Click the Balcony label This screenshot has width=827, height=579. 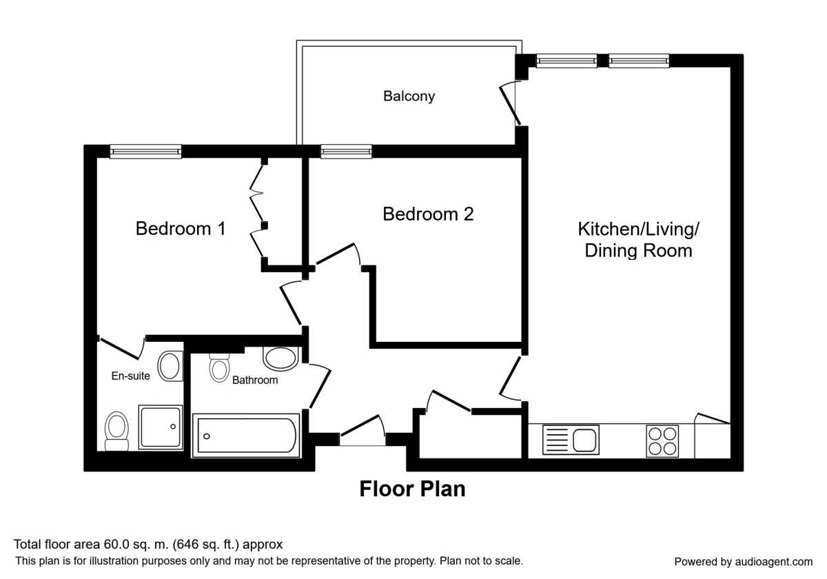(x=409, y=96)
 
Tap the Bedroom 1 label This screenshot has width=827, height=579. (x=181, y=228)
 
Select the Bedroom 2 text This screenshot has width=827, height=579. (x=428, y=214)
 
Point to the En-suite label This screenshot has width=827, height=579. (x=131, y=376)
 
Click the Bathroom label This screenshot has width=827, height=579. (x=255, y=380)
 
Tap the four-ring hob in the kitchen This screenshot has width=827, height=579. (x=662, y=441)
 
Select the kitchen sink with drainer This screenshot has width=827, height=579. (x=571, y=440)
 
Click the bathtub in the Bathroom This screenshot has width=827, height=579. (x=246, y=436)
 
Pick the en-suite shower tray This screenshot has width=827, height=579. (x=161, y=427)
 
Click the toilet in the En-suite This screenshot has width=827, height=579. (x=116, y=431)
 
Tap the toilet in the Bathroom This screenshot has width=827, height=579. (x=219, y=368)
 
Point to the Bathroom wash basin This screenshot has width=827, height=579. (x=280, y=358)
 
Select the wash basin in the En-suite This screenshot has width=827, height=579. (x=170, y=366)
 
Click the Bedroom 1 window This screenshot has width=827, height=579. (x=145, y=152)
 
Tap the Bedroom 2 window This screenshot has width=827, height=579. (x=346, y=152)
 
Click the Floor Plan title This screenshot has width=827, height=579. (x=412, y=489)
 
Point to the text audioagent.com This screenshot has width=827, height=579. (x=774, y=562)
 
